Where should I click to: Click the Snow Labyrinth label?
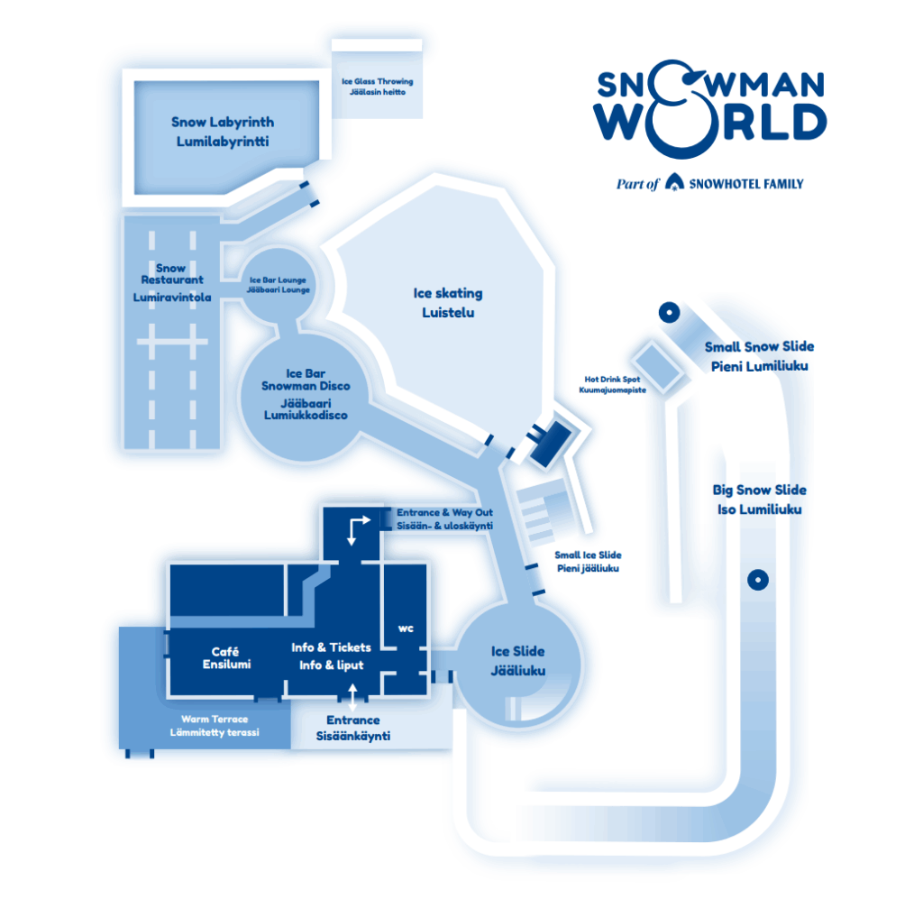(223, 132)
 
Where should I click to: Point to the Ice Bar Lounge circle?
(279, 285)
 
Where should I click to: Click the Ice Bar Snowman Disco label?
(306, 394)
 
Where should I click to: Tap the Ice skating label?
(448, 303)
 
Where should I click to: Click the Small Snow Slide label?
(759, 356)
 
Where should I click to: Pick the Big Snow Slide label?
(759, 500)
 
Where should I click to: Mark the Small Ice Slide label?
(588, 562)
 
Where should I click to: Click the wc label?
(406, 628)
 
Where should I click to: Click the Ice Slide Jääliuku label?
(517, 660)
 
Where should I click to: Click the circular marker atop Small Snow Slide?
(669, 313)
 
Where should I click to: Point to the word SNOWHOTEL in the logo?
(718, 184)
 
